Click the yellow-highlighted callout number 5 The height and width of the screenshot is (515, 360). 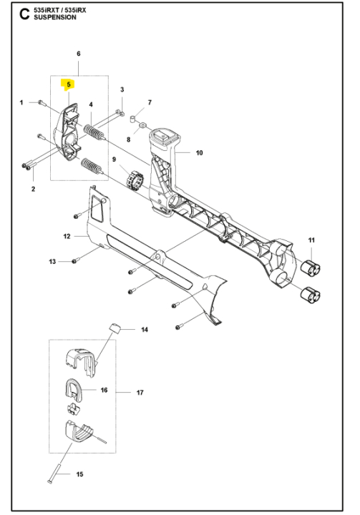pos(69,84)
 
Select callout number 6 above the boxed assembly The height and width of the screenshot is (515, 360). pos(78,54)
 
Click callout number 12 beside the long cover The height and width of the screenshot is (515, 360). pos(66,235)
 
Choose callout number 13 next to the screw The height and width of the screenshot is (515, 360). pos(52,263)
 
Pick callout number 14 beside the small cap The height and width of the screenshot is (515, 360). pos(144,330)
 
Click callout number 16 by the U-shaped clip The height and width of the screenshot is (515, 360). pos(104,391)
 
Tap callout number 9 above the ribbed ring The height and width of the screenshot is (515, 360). pos(114,158)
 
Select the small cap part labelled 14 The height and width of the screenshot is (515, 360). pos(114,328)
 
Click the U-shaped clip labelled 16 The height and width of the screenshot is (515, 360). pos(74,391)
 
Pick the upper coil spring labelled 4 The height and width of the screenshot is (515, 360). pos(95,133)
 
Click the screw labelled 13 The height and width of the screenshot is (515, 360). pos(74,262)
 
